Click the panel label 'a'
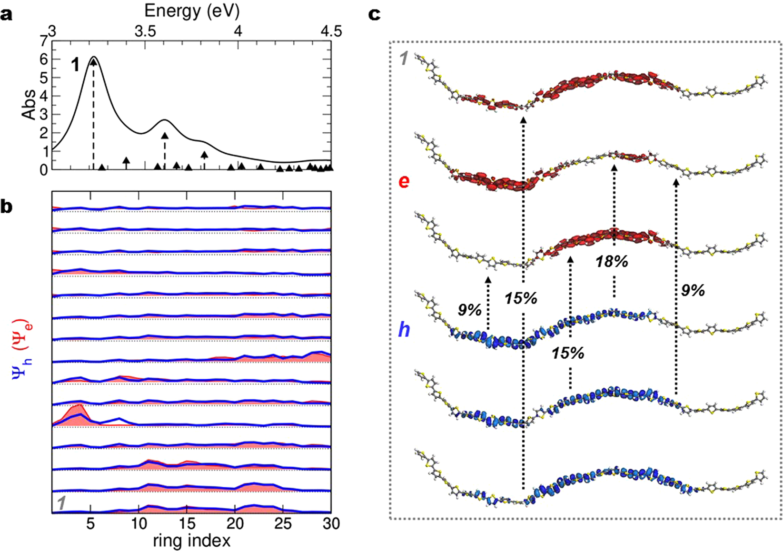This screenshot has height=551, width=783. point(6,15)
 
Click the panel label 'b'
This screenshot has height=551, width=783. point(7,207)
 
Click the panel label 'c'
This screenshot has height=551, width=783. point(375,14)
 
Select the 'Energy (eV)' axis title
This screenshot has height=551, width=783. point(192,10)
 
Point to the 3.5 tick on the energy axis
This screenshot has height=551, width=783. point(145,31)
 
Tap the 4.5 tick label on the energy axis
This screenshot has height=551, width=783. point(331,31)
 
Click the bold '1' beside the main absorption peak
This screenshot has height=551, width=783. point(75,65)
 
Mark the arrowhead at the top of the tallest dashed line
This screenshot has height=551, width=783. point(93,62)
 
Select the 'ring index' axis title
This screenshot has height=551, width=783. point(192,541)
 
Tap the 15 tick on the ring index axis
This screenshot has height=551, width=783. point(187,524)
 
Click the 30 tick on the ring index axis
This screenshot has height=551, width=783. point(331,524)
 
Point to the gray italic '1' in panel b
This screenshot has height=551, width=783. point(60,503)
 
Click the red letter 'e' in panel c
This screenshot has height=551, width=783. point(404,181)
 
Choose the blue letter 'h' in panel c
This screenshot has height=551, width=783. point(404,329)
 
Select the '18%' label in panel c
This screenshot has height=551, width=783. point(611,261)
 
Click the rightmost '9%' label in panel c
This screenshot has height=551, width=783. point(693,290)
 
